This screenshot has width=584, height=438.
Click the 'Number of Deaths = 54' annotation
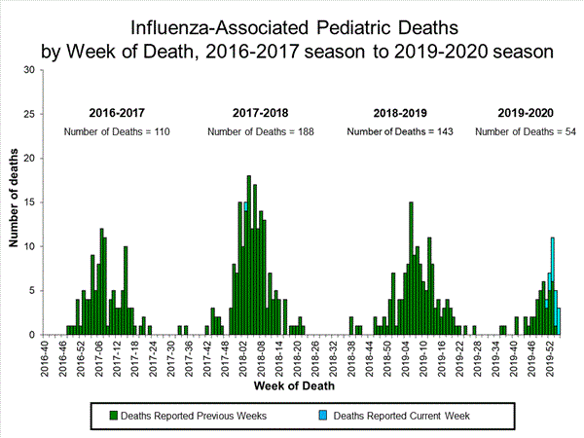527,131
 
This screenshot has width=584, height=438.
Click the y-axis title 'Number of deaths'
15,202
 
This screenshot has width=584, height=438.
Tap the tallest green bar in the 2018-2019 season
412,268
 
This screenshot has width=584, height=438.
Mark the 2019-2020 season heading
527,113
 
